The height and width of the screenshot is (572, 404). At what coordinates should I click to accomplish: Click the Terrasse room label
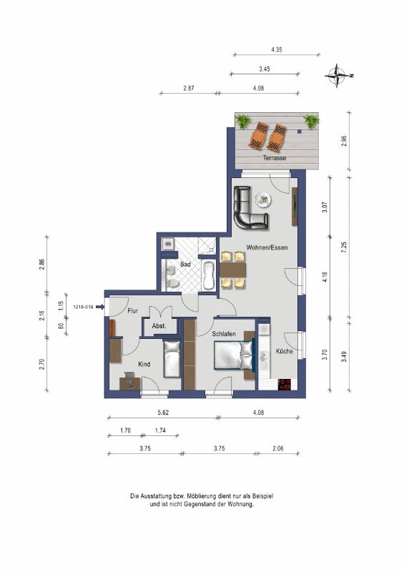tap(275, 158)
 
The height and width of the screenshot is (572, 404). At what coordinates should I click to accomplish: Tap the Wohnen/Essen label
tap(267, 247)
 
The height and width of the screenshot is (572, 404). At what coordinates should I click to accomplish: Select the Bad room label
tap(185, 264)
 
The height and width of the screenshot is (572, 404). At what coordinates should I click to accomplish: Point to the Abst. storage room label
tap(159, 326)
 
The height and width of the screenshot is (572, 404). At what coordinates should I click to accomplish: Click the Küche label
tap(285, 351)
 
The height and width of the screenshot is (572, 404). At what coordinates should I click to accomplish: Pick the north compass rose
tap(339, 76)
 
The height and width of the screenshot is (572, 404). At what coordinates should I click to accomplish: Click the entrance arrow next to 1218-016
tap(100, 307)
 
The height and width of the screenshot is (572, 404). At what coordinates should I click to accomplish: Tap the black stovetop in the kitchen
tap(285, 385)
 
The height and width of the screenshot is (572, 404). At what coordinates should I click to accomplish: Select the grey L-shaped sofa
tap(250, 208)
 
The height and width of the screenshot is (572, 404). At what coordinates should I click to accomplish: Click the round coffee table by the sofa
tap(262, 199)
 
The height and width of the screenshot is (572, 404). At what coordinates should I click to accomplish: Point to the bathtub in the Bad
tap(208, 275)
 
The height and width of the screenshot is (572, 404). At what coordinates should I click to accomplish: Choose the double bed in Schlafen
tap(234, 355)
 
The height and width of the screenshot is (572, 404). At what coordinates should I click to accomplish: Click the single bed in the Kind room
tap(172, 359)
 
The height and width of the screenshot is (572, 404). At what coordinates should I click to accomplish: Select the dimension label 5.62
tap(163, 413)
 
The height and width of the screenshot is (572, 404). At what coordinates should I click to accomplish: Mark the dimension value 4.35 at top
tap(277, 49)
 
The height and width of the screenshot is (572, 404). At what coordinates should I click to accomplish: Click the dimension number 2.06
tap(277, 448)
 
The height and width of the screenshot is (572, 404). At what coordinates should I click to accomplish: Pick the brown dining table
tap(233, 270)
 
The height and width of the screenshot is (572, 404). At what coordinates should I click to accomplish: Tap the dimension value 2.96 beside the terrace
tap(343, 141)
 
